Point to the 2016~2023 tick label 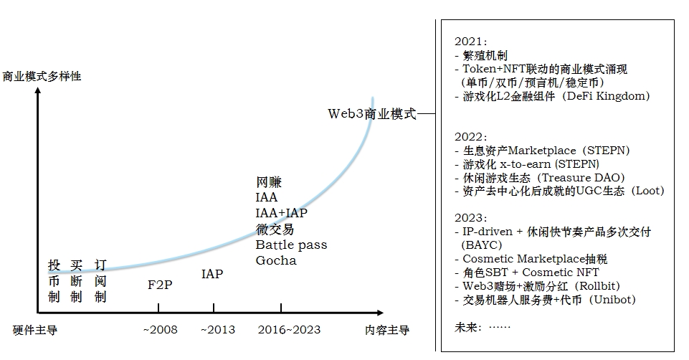tap(288, 330)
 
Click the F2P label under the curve tap(159, 284)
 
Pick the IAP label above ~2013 tap(212, 274)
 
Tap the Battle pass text tap(291, 245)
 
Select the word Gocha tap(276, 260)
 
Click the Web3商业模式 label tap(371, 113)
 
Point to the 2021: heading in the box tap(470, 42)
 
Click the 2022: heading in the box tap(470, 136)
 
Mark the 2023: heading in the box tap(470, 217)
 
